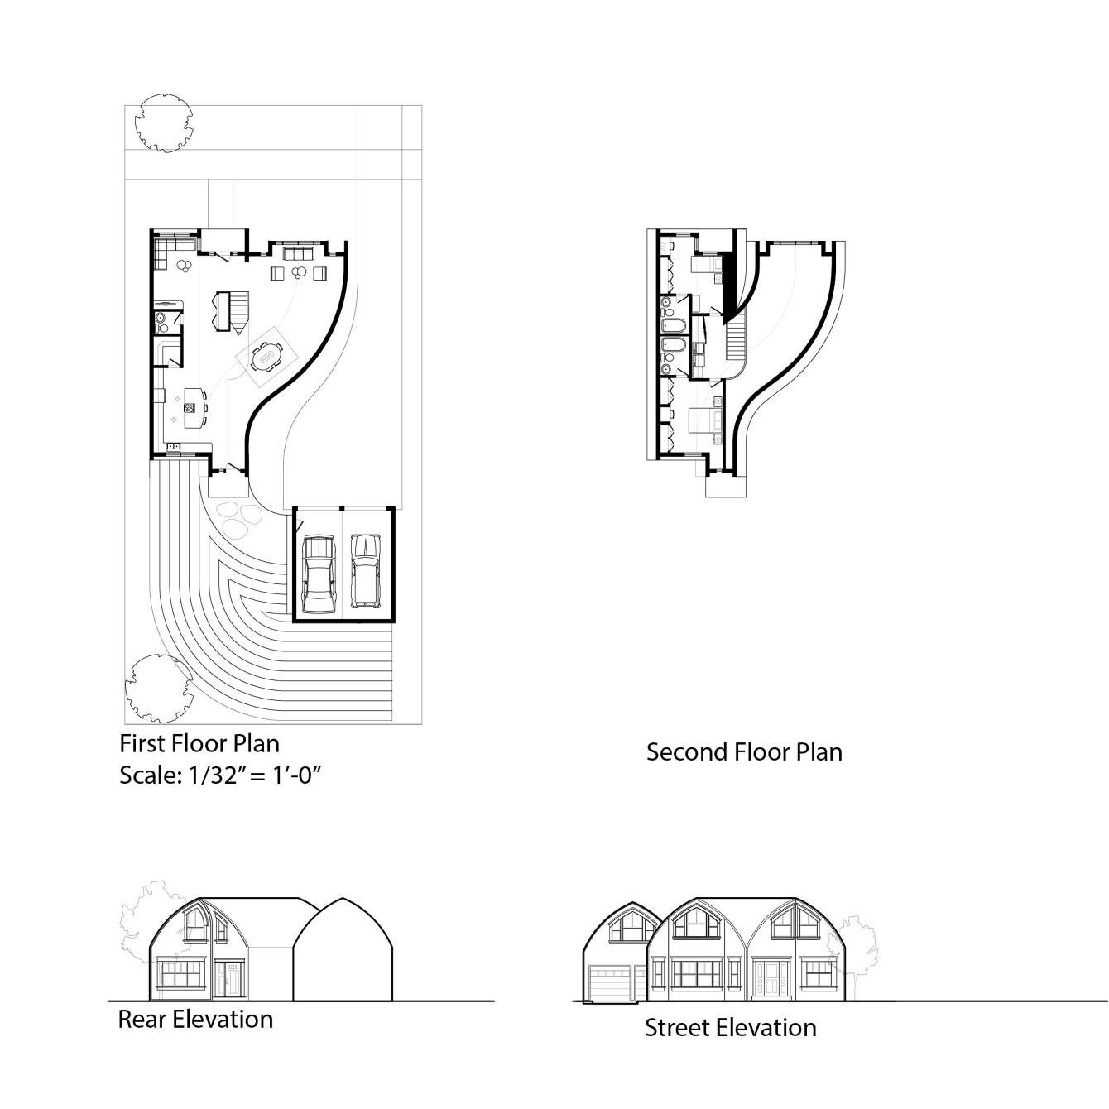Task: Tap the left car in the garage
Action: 319,571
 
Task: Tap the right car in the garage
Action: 365,569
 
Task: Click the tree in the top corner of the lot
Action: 165,123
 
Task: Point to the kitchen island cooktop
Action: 190,406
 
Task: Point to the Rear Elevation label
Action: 195,1019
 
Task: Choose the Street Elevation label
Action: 730,1028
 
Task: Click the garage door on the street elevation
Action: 609,985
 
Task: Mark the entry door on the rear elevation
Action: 229,980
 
